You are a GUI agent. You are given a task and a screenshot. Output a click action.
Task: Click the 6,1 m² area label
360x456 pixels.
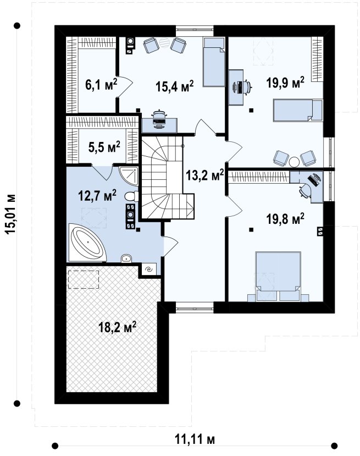(101, 85)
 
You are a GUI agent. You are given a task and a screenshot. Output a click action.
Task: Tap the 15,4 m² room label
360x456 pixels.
(174, 86)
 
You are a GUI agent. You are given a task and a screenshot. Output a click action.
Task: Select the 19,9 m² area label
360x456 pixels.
(285, 83)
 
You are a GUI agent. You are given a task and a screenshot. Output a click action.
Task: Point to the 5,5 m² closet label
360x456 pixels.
(104, 147)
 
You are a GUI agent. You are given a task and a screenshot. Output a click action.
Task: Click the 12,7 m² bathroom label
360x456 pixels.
(97, 196)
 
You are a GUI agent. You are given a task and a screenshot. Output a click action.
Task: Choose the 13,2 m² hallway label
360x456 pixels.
(205, 175)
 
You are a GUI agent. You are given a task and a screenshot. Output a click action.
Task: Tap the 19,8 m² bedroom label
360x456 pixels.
(285, 219)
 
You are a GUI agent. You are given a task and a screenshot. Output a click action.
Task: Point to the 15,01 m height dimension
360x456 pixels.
(10, 215)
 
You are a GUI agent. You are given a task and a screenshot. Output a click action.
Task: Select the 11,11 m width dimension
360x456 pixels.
(195, 439)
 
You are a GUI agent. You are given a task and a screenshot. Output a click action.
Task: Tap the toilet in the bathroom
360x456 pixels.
(131, 196)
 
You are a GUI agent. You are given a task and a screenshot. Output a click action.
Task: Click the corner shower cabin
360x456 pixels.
(129, 176)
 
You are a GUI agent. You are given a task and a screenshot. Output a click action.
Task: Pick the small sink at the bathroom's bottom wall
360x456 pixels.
(126, 258)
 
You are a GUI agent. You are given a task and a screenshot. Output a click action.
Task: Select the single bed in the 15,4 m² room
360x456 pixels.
(214, 62)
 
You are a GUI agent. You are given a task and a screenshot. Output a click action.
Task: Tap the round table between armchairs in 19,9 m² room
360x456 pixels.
(294, 162)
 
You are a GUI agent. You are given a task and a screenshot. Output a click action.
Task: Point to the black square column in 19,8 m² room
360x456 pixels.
(251, 230)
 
